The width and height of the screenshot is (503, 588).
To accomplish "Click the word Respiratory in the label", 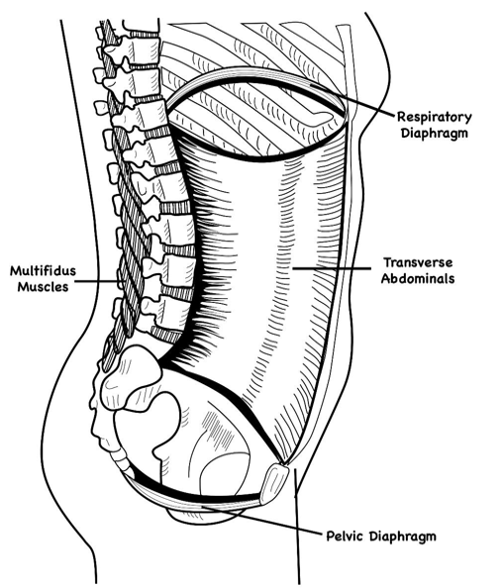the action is point(435,118).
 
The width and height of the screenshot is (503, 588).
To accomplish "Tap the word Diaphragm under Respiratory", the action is point(435,134).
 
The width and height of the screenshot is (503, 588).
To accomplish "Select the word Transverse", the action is point(418,262).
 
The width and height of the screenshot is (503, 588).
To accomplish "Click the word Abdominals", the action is point(418,278).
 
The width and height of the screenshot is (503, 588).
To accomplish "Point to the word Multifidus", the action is point(43,271).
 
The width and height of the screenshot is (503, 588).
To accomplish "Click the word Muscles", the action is point(44,287).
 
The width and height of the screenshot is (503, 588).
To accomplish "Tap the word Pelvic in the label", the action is point(345,536).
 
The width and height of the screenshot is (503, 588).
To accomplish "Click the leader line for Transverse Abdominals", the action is point(332,268).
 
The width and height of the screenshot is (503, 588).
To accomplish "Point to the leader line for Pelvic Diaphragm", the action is point(262,520).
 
